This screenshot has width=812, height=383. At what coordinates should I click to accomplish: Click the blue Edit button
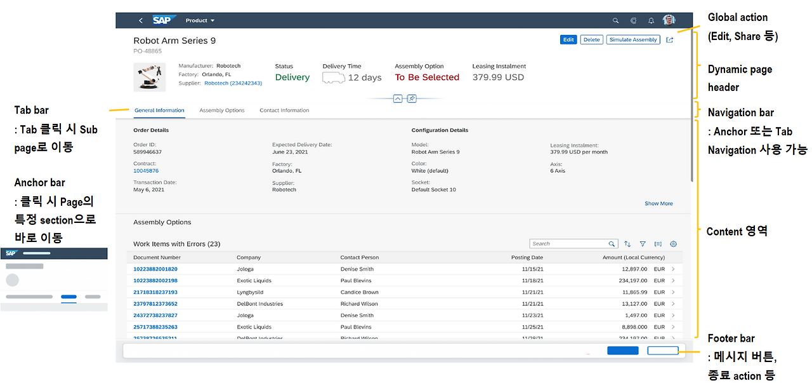[568, 39]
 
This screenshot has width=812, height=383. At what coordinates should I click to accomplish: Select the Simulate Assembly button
[633, 39]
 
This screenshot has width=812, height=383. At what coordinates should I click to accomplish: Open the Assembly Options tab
[222, 111]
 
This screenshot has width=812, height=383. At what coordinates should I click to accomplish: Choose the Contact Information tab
[284, 111]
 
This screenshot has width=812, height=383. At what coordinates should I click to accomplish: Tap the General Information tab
[159, 111]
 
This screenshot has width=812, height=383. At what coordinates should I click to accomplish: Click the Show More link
[658, 204]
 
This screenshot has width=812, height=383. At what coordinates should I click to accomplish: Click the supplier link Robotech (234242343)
[233, 83]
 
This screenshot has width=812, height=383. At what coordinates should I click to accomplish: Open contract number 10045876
[146, 171]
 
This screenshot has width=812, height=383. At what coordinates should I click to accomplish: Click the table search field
[569, 244]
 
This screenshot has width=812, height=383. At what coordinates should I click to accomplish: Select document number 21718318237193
[155, 292]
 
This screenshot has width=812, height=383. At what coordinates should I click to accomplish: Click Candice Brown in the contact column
[359, 292]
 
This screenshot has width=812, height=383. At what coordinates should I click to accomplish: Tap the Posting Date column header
[527, 258]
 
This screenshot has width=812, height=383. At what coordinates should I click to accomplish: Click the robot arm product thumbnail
[150, 77]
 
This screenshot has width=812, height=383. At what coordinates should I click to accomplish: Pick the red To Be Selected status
[427, 77]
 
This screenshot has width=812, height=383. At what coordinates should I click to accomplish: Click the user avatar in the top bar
[669, 20]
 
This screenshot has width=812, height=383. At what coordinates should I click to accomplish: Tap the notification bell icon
[651, 20]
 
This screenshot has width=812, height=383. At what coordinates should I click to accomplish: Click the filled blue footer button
[622, 351]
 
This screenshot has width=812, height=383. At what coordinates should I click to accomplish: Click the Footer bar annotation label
[731, 339]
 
